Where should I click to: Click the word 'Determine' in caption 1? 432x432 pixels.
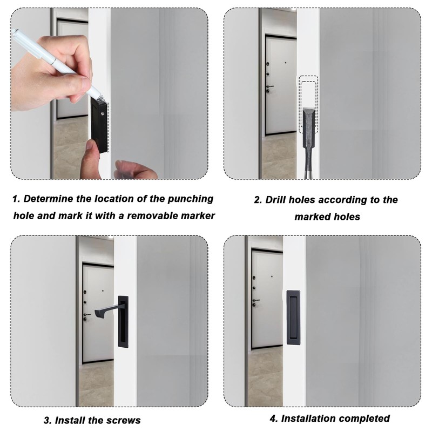click(48, 199)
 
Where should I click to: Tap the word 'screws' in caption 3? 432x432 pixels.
click(125, 420)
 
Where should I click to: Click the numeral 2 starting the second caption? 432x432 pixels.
click(258, 200)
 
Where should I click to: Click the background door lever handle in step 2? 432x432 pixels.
click(270, 86)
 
